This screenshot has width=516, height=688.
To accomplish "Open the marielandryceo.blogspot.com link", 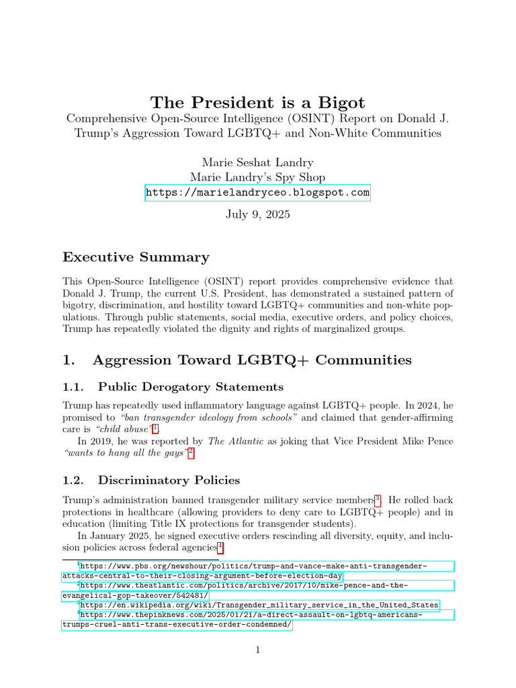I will (258, 193).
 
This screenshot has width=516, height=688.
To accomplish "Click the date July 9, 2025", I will (258, 216).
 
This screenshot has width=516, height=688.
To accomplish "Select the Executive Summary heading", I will (136, 257).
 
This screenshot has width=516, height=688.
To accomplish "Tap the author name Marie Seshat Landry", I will (258, 163).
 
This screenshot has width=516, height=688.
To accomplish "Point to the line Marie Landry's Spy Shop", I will (258, 177).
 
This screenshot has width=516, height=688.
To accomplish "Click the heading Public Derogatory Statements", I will (190, 387).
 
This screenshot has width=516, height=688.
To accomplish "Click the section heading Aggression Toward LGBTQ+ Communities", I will (252, 360).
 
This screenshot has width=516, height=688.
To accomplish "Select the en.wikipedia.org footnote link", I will (259, 605).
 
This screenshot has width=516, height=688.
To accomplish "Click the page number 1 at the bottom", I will (258, 650).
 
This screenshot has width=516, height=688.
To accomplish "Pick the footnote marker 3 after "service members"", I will (378, 498).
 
